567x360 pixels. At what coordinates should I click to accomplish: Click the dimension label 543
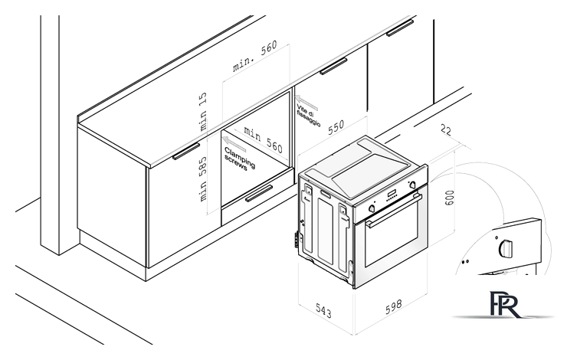[323, 310]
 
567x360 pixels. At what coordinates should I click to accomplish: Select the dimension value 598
[393, 306]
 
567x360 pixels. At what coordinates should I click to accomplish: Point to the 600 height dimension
[449, 198]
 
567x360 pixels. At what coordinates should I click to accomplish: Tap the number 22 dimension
[446, 130]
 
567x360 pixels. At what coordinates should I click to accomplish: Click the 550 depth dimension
[336, 127]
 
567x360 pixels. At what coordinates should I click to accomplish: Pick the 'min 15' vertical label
[203, 111]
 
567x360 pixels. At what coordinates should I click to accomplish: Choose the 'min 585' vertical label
[202, 179]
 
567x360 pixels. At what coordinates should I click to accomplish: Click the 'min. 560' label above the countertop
[254, 56]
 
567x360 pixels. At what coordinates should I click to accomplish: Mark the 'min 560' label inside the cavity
[263, 139]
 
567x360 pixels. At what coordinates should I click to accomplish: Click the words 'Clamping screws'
[239, 159]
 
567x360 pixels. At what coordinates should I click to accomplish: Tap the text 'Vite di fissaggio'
[309, 116]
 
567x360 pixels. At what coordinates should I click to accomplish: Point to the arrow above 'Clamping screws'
[234, 143]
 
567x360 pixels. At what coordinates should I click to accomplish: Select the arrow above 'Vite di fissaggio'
[306, 103]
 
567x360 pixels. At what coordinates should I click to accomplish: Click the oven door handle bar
[393, 211]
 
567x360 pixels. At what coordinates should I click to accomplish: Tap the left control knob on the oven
[372, 208]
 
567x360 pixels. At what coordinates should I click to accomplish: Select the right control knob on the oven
[412, 185]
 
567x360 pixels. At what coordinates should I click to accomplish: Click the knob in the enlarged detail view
[506, 248]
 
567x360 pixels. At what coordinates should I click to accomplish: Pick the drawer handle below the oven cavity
[259, 193]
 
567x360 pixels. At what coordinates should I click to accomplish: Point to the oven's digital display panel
[392, 194]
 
